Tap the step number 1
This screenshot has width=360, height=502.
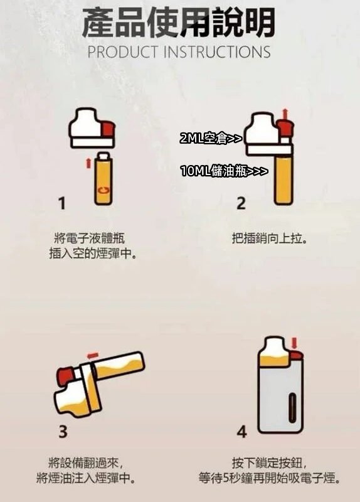61,203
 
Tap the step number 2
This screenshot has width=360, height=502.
241,203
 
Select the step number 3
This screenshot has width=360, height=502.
63,432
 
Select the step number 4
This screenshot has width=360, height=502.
242,432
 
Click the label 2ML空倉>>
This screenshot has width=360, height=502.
210,139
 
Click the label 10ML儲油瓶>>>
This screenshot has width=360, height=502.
224,171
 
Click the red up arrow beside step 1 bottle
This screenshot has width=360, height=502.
87,164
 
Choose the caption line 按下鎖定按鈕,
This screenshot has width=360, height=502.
269,462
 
